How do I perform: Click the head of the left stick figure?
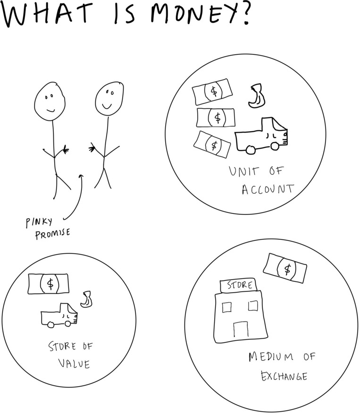50,102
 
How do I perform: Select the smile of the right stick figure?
107,106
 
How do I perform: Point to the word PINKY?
39,222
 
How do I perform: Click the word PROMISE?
53,234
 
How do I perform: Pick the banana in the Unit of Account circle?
257,96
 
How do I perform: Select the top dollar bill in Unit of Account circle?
212,92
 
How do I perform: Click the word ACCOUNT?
268,189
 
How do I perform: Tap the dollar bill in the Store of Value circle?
49,284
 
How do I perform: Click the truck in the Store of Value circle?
59,316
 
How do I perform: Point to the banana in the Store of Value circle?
86,299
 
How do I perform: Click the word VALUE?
74,364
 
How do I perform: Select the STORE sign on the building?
238,285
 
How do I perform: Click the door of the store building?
241,329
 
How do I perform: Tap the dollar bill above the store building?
285,268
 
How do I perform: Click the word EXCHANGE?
284,376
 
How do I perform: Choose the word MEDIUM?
271,356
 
